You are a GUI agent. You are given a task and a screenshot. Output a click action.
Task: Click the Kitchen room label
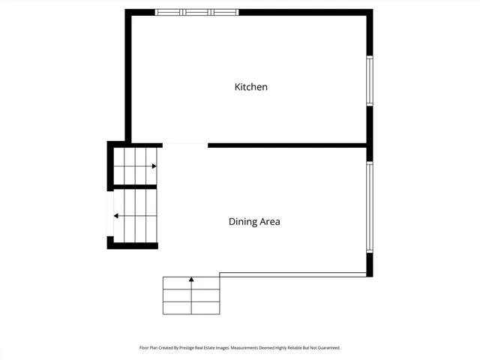251,87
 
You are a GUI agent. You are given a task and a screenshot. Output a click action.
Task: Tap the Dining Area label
254,222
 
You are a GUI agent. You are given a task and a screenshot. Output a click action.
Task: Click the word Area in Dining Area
269,222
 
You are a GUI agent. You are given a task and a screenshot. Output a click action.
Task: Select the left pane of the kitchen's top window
169,12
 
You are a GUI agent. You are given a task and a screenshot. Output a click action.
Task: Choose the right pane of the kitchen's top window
224,12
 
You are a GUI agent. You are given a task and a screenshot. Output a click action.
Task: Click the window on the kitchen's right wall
369,81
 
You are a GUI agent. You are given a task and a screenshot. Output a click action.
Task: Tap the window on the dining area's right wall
369,207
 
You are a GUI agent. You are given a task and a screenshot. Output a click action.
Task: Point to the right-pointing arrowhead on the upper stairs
154,166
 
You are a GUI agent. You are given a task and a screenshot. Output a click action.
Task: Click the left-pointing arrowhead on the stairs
115,216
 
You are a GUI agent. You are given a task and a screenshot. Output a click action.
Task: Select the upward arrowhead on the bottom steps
191,280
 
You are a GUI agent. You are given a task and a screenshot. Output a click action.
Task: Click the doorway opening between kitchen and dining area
184,144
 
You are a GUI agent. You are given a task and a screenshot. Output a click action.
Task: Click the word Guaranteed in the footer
326,348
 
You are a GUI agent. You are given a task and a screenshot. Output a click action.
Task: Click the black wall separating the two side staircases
134,186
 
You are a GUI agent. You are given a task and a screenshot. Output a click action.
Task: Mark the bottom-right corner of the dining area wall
369,274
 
